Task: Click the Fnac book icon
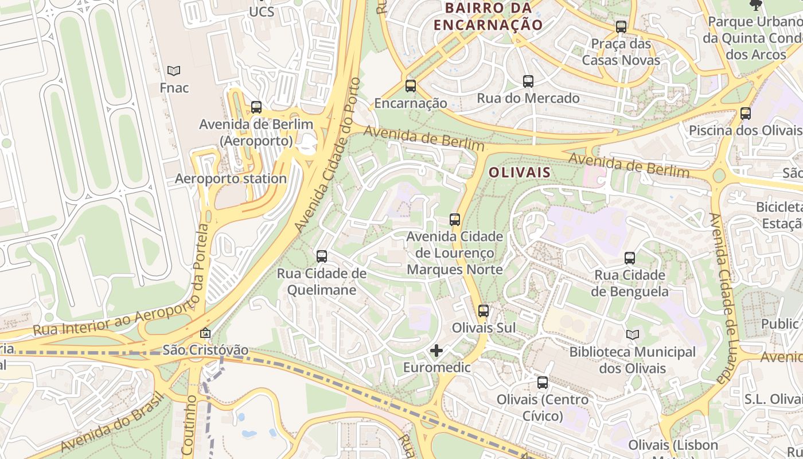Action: click(174, 71)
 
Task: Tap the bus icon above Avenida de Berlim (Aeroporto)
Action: click(256, 107)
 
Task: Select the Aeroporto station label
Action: click(231, 178)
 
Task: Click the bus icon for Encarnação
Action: click(411, 86)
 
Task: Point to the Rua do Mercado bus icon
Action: click(528, 81)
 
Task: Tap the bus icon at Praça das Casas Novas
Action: click(621, 27)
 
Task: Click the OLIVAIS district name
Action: click(520, 172)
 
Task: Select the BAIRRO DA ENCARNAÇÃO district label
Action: click(488, 17)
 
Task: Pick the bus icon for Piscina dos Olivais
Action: click(746, 114)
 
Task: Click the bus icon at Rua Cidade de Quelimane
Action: click(322, 256)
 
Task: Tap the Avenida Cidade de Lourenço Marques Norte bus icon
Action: click(455, 220)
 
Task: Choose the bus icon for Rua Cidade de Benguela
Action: click(630, 258)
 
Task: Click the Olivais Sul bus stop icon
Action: click(484, 311)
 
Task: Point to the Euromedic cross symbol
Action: click(436, 351)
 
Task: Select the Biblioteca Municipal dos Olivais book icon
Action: click(633, 334)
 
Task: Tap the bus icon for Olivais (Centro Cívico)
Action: click(543, 383)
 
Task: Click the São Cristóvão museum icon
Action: click(205, 333)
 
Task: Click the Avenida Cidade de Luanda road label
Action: click(724, 298)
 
